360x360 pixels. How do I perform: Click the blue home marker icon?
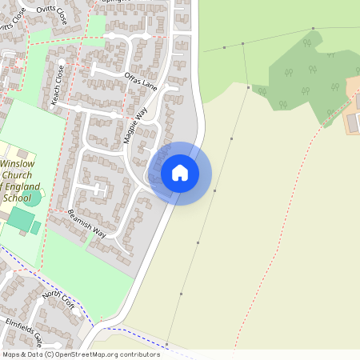click(x=179, y=173)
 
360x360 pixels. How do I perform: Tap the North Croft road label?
click(x=58, y=305)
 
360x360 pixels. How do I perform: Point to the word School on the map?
click(x=17, y=198)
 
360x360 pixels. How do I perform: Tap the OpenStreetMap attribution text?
click(x=80, y=354)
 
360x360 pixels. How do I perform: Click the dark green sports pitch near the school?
click(x=22, y=219)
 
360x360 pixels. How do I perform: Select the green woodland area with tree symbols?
click(x=308, y=76)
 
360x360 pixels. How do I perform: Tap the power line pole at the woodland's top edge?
click(x=313, y=29)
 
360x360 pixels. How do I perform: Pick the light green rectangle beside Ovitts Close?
click(x=95, y=26)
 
